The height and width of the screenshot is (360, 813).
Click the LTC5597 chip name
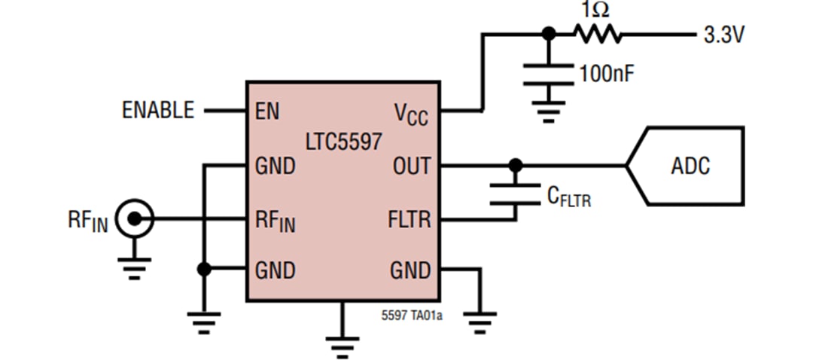click(x=343, y=141)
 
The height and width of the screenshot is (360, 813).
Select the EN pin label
click(x=267, y=111)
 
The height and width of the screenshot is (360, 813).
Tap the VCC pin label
click(x=411, y=114)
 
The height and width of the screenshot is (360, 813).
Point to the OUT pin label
click(x=411, y=166)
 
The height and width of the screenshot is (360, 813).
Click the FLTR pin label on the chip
click(x=409, y=220)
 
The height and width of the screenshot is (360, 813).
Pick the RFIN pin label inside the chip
click(x=275, y=221)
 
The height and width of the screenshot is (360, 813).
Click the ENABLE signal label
click(x=158, y=111)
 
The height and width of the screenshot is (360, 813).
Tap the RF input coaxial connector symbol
click(x=135, y=219)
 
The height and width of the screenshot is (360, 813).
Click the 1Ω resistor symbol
click(x=597, y=34)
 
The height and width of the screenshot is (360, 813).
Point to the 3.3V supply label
click(x=723, y=35)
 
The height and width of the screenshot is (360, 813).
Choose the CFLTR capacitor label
click(x=568, y=197)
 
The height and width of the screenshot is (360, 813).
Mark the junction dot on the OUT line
click(x=515, y=165)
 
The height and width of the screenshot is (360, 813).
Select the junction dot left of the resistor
click(x=549, y=34)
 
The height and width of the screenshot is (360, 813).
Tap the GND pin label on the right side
click(x=410, y=270)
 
